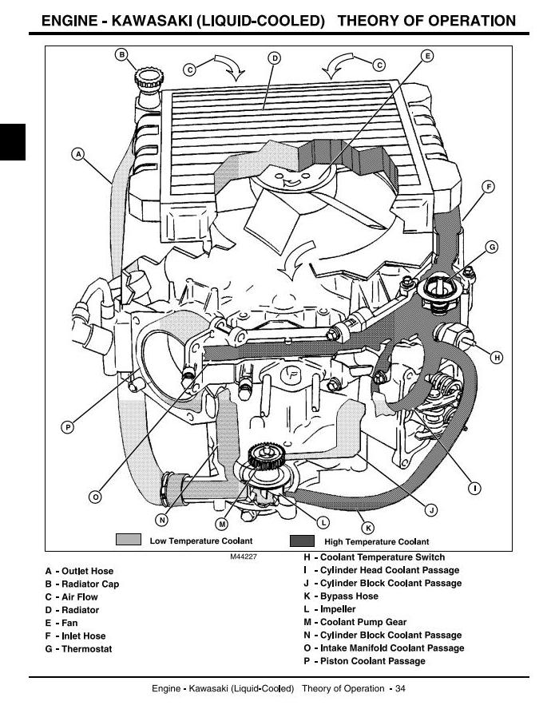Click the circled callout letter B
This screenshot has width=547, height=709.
(x=121, y=55)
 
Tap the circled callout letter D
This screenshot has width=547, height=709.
(x=274, y=57)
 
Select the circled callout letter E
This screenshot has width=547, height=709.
(x=427, y=56)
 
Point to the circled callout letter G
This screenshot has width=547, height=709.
(x=492, y=248)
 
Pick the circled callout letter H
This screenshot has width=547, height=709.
(x=497, y=357)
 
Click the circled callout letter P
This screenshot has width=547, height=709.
(x=68, y=427)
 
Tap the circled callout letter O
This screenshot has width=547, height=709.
(x=95, y=497)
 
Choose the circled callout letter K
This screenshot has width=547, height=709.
(x=368, y=528)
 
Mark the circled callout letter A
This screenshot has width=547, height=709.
(x=78, y=154)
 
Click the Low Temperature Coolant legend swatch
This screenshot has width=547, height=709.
(x=129, y=540)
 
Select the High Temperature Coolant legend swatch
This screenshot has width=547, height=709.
(x=302, y=541)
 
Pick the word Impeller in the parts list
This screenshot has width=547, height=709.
(x=338, y=609)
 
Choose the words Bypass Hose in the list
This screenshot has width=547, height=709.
(x=349, y=596)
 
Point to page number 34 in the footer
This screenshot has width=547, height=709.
(x=400, y=689)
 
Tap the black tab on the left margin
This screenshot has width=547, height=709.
(x=13, y=142)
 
